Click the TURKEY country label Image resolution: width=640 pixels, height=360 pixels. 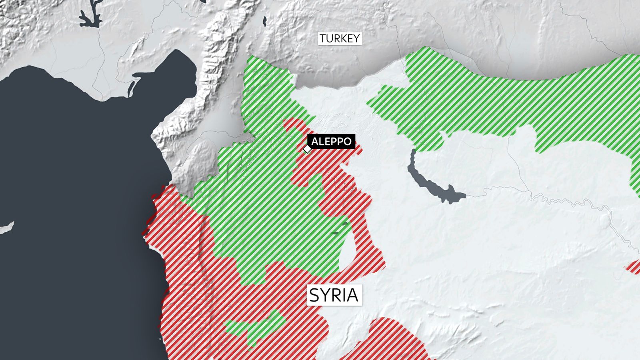tap(340, 39)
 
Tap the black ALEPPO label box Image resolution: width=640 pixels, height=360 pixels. tap(331, 141)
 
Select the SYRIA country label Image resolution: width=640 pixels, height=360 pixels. tap(334, 295)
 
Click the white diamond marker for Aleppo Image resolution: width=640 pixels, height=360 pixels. tap(307, 149)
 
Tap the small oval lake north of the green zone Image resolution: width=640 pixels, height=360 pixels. tap(265, 21)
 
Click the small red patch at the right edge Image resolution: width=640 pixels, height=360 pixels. tap(634, 267)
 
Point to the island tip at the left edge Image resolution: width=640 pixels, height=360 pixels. tap(6, 228)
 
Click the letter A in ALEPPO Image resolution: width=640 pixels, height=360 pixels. tap(315, 141)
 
